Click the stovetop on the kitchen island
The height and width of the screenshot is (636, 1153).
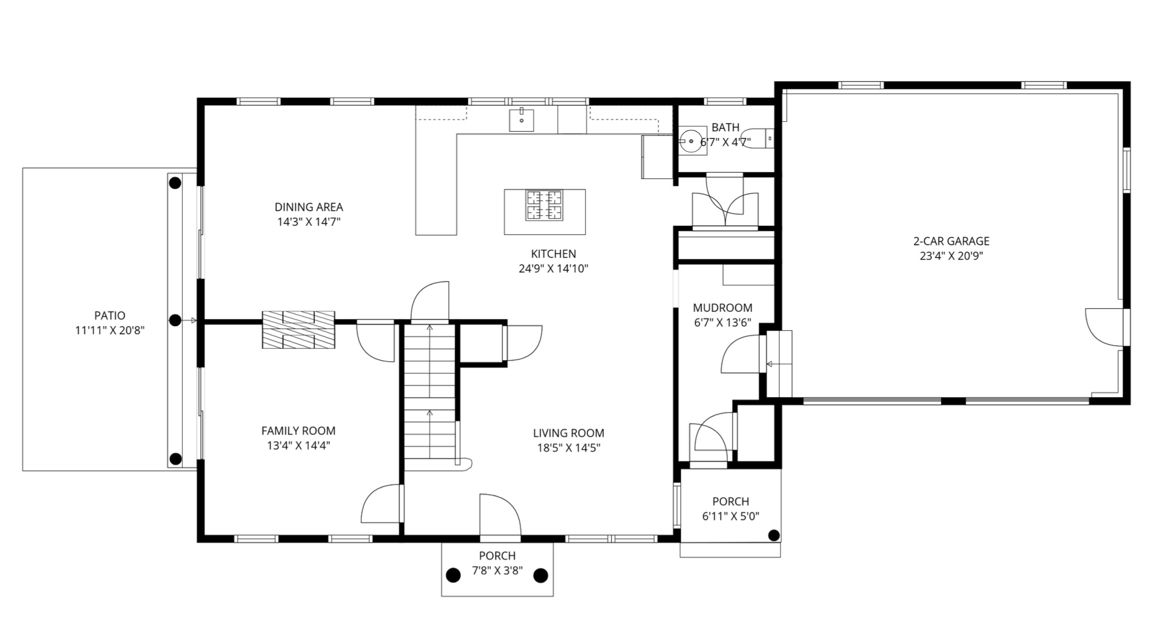click(544, 205)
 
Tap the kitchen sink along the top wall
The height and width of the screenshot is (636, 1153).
click(521, 120)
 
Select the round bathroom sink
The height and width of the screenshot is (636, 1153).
click(691, 141)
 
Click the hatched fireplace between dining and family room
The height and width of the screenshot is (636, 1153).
click(298, 330)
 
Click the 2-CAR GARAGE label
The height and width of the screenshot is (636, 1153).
click(951, 241)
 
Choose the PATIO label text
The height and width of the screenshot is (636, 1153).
click(110, 316)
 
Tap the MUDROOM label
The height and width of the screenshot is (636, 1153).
click(723, 308)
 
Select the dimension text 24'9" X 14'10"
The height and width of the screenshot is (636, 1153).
click(554, 268)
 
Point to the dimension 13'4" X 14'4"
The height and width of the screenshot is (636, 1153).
click(298, 446)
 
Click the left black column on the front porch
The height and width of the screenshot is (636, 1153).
click(454, 575)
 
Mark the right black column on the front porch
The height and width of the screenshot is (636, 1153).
click(540, 575)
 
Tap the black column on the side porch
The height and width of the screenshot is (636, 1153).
click(774, 536)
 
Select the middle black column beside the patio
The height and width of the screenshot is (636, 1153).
click(175, 320)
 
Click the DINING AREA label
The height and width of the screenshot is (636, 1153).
click(309, 207)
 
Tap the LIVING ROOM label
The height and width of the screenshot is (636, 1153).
click(569, 433)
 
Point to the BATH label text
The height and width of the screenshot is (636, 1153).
click(726, 128)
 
